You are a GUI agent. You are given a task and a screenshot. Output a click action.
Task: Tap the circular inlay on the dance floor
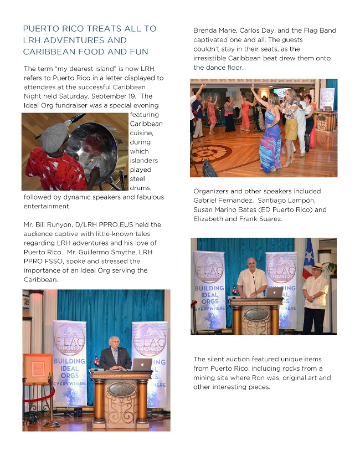coord(210,152)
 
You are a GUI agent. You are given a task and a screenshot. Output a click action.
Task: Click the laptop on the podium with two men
coord(274,291)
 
